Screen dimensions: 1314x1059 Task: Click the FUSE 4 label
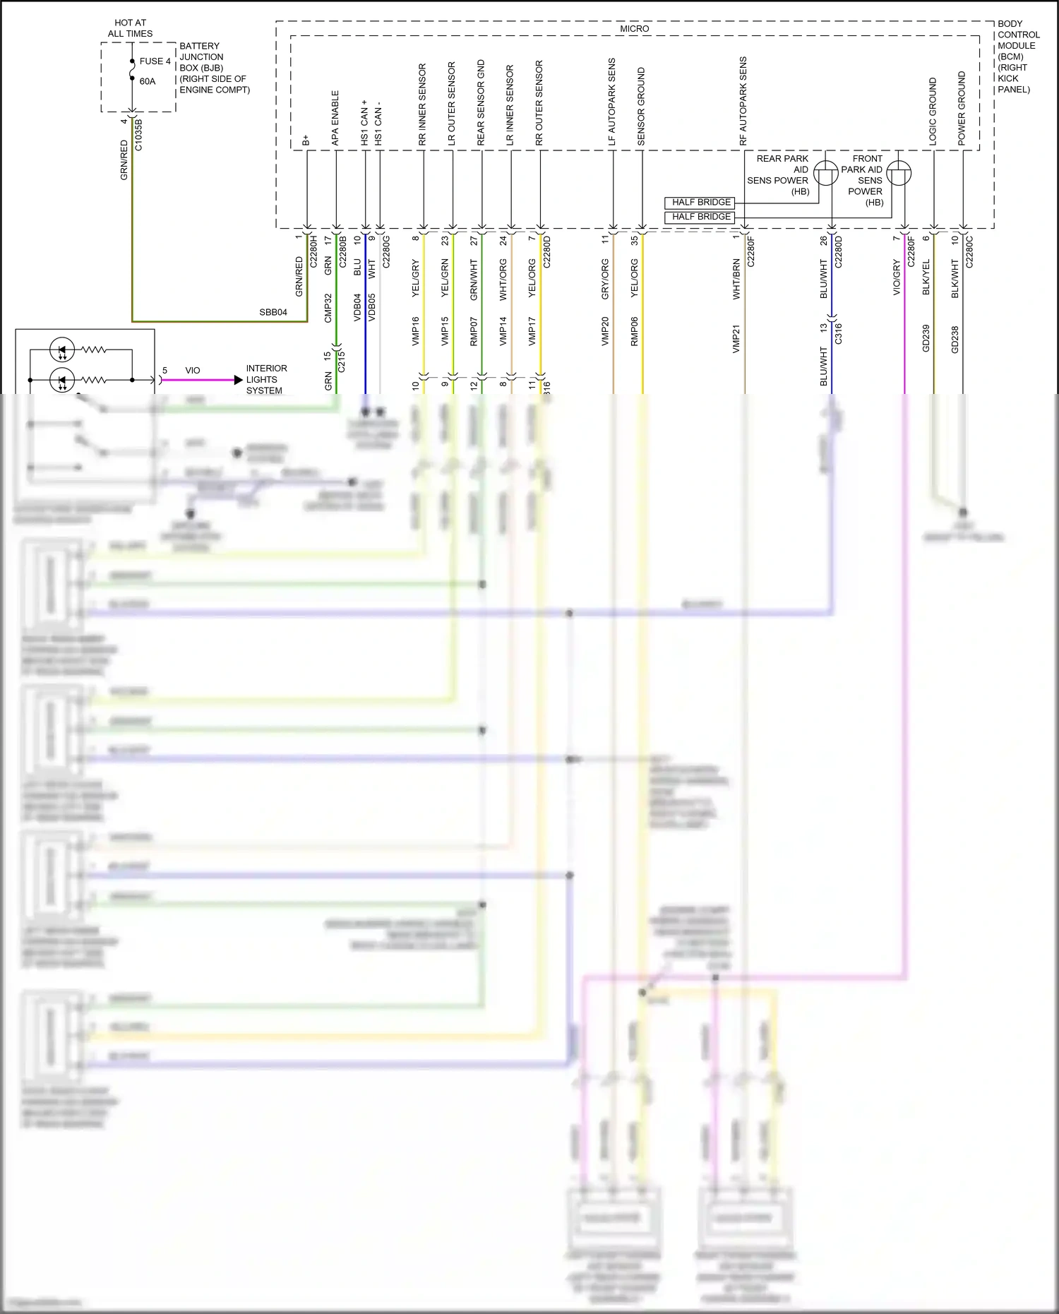pyautogui.click(x=155, y=61)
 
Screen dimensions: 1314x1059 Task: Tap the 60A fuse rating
pyautogui.click(x=148, y=81)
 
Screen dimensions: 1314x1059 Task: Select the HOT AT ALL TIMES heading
pyautogui.click(x=130, y=28)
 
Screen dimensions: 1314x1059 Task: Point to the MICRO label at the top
pyautogui.click(x=634, y=29)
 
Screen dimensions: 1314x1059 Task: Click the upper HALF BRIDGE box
pyautogui.click(x=700, y=203)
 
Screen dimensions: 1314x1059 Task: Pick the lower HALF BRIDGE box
pyautogui.click(x=700, y=217)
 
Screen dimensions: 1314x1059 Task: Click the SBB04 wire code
pyautogui.click(x=273, y=312)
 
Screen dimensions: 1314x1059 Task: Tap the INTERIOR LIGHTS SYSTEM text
pyautogui.click(x=265, y=379)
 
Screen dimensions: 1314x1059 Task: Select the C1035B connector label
pyautogui.click(x=138, y=134)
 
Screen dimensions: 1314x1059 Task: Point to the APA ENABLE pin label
pyautogui.click(x=335, y=118)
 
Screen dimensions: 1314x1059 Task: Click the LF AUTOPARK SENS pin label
pyautogui.click(x=612, y=102)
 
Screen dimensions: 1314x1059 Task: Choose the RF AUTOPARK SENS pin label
pyautogui.click(x=743, y=101)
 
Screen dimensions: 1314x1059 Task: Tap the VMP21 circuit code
pyautogui.click(x=736, y=339)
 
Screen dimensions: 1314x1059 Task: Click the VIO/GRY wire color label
pyautogui.click(x=897, y=277)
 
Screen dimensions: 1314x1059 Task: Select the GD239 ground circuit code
pyautogui.click(x=926, y=339)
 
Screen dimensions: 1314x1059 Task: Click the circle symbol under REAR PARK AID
pyautogui.click(x=825, y=173)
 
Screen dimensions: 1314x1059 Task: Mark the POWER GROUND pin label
pyautogui.click(x=961, y=109)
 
